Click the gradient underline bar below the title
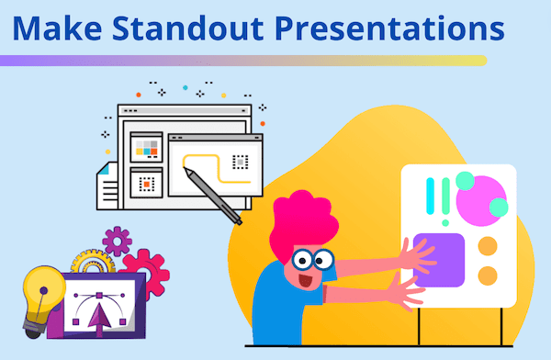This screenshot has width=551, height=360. click(x=243, y=61)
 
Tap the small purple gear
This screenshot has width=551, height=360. click(x=118, y=242)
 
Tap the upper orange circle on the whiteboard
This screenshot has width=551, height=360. click(x=488, y=246)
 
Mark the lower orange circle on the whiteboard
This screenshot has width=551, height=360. click(x=488, y=275)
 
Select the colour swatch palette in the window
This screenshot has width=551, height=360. click(x=148, y=147)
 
